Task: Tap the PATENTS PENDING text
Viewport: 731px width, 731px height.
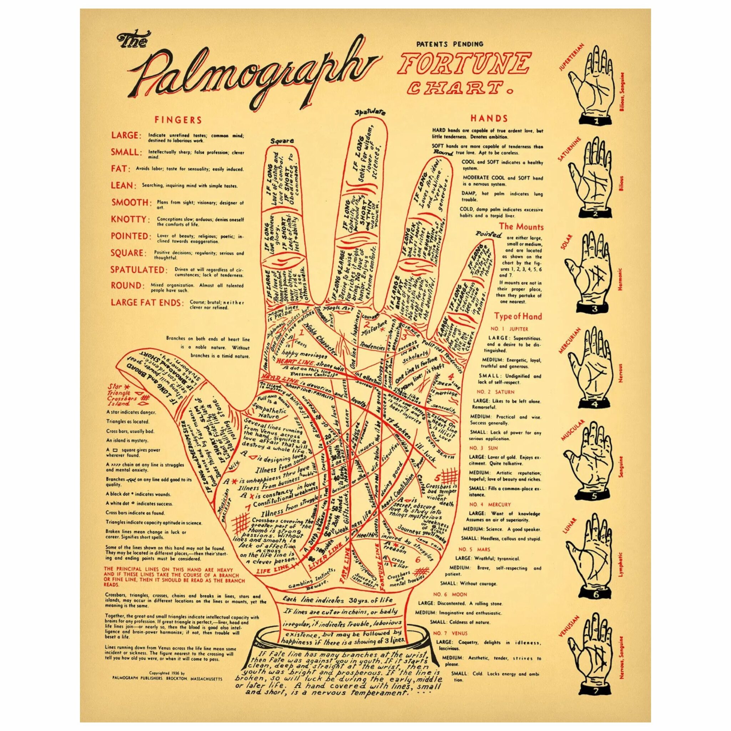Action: (449, 44)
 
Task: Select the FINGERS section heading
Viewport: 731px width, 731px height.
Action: (178, 120)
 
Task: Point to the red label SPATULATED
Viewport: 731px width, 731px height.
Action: (138, 270)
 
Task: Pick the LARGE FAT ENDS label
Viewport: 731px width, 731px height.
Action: (147, 303)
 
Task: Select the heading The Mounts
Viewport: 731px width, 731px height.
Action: (521, 227)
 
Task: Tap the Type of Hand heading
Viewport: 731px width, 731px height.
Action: (518, 316)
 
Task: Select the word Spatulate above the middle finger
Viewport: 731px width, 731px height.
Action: (370, 112)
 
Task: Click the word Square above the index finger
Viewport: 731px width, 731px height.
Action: (282, 141)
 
